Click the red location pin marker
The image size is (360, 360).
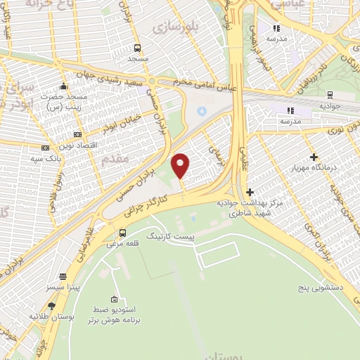tap(181, 166)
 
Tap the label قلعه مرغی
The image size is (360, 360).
tap(123, 244)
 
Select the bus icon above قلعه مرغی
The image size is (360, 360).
tap(123, 233)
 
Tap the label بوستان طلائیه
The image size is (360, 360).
tap(51, 317)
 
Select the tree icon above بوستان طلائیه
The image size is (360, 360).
tap(51, 306)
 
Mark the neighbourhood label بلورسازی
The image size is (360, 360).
tap(172, 27)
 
